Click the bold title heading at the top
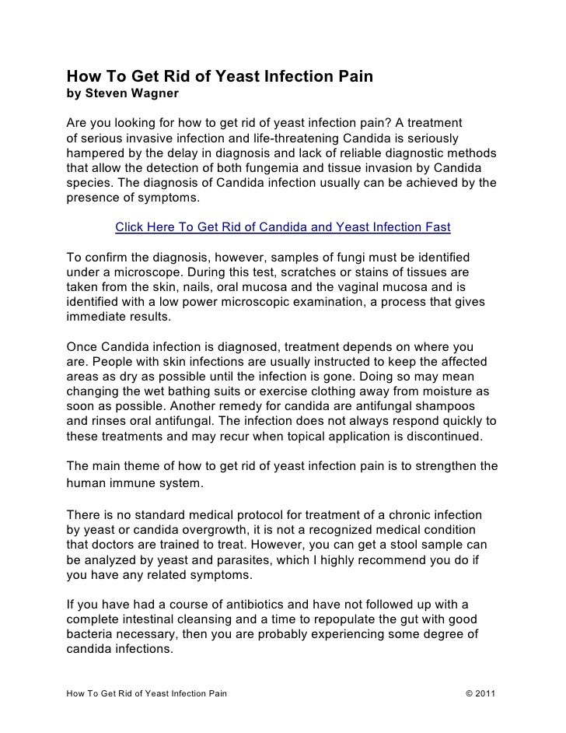[220, 77]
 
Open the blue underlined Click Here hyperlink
[283, 228]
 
